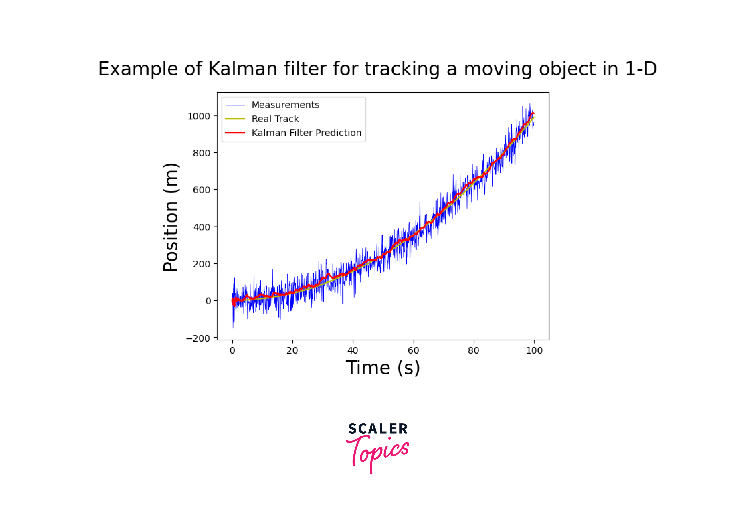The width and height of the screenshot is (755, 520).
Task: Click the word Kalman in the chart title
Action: tap(243, 69)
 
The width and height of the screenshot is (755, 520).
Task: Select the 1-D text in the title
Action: tap(641, 69)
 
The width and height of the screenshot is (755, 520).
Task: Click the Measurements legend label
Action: tap(285, 105)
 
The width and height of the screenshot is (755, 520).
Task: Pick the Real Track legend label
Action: tap(275, 119)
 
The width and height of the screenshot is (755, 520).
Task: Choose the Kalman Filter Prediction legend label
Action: tap(307, 133)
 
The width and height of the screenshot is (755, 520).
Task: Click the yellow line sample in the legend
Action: tap(235, 119)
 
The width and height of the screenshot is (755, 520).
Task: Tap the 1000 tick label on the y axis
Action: tap(198, 116)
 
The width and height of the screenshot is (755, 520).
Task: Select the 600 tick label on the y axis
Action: tap(201, 190)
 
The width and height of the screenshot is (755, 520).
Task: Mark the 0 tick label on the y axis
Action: tap(208, 301)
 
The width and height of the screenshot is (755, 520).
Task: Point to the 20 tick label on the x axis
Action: tap(292, 351)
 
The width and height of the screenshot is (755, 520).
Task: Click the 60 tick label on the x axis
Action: tap(413, 351)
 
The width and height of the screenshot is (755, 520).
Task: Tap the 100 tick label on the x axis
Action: tap(534, 351)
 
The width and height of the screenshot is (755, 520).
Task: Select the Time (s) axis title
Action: tap(383, 368)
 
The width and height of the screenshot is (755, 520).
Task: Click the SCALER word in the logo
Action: tap(378, 429)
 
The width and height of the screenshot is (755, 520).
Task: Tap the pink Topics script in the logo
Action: tap(378, 451)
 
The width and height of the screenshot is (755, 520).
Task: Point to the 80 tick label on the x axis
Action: tap(474, 351)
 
